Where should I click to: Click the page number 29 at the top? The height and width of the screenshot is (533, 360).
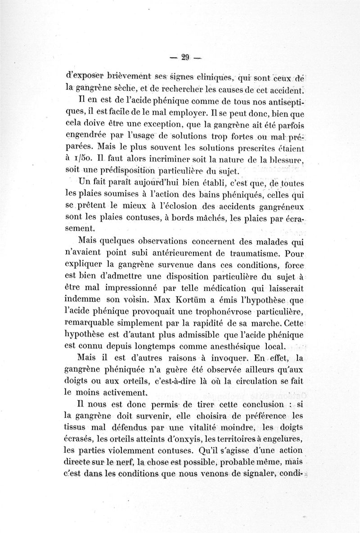pyautogui.click(x=184, y=57)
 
